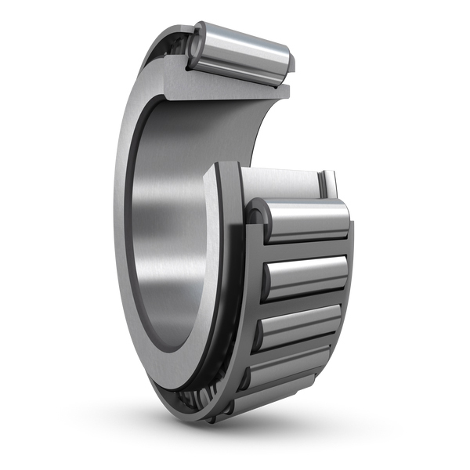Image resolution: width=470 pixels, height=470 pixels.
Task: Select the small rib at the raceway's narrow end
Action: click(330, 184)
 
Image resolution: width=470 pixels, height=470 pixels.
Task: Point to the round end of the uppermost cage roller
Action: click(256, 219)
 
